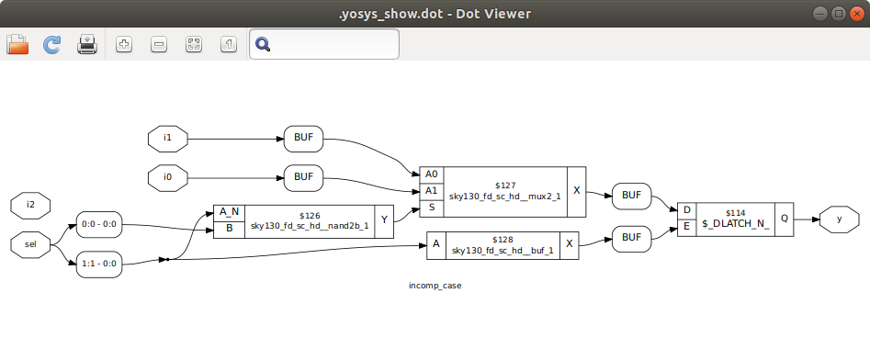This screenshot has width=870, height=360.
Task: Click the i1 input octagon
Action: point(168,139)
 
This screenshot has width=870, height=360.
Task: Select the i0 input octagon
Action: point(168,175)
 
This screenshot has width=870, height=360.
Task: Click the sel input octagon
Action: point(30,245)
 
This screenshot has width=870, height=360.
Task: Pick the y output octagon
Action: point(840,219)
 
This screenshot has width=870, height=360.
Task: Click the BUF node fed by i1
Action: point(303,139)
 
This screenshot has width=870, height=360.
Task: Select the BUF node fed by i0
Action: point(303,175)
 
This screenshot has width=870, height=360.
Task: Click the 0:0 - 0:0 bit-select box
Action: point(100,224)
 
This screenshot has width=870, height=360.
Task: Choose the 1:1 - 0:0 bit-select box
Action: point(100,264)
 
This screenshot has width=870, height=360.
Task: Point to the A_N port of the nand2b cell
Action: point(229,212)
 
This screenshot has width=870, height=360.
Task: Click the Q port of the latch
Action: point(784,219)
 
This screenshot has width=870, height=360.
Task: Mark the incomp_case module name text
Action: point(435,286)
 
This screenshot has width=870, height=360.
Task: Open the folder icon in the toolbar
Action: point(18,44)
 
